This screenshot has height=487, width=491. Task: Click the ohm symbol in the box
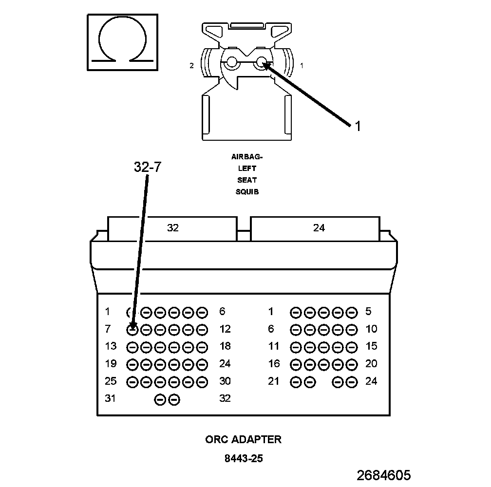pos(122,43)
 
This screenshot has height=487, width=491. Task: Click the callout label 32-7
pos(147,167)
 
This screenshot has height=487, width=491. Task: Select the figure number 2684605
pos(383,475)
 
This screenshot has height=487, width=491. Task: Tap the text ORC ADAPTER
pos(243,439)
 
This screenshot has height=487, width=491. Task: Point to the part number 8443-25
pos(244,458)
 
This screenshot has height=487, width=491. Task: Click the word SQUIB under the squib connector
pos(247,192)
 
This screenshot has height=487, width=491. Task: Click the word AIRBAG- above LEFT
pos(247,157)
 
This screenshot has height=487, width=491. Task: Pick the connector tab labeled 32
pos(173,228)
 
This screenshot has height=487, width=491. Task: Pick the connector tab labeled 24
pos(319,228)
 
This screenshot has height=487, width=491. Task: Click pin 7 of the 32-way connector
pos(132,330)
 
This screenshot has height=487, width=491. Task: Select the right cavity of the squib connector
pos(262,62)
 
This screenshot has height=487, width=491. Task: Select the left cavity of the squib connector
pos(231,62)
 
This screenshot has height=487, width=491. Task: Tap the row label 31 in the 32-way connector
pos(111,398)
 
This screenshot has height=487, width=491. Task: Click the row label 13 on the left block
pos(111,346)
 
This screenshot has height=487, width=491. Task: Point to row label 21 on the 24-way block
pos(274,381)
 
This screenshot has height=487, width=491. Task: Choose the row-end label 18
pos(225,346)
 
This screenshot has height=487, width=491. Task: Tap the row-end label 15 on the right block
pos(371,346)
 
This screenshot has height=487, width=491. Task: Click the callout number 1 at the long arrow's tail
pos(358,127)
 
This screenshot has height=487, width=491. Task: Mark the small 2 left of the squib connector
pos(192,65)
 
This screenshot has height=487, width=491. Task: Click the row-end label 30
pos(225,381)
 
